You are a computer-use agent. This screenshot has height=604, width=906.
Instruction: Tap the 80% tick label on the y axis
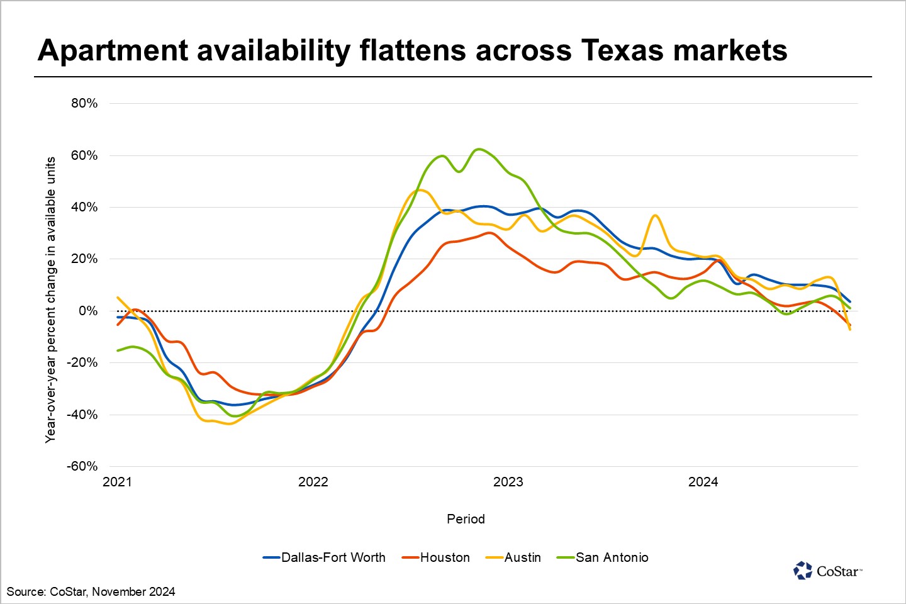click(x=84, y=103)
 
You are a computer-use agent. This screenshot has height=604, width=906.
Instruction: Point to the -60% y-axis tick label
click(x=82, y=466)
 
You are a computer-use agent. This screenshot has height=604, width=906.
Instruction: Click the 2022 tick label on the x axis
click(x=313, y=482)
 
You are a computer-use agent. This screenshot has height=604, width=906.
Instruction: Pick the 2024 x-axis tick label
click(x=703, y=482)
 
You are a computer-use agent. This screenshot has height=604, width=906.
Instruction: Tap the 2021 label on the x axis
click(x=117, y=482)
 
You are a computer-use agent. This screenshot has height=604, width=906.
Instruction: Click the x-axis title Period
click(x=466, y=519)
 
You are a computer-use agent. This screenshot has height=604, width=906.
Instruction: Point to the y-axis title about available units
click(x=50, y=300)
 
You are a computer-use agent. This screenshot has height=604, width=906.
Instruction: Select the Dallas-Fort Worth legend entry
click(x=333, y=557)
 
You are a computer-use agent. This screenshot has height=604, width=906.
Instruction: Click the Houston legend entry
click(x=444, y=557)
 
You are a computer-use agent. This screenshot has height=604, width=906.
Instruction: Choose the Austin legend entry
click(x=522, y=557)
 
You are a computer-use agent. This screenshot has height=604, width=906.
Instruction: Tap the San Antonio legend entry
click(x=612, y=557)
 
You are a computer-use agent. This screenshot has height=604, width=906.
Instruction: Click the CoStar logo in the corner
click(x=827, y=571)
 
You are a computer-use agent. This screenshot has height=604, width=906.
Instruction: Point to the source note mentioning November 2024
click(x=91, y=591)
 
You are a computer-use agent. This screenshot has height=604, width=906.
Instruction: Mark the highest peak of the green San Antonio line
click(x=479, y=149)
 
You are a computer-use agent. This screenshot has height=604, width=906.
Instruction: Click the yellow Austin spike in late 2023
click(x=655, y=216)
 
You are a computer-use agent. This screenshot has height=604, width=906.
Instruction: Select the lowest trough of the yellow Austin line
click(x=229, y=423)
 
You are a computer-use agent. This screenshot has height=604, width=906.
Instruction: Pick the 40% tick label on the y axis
click(x=84, y=207)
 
